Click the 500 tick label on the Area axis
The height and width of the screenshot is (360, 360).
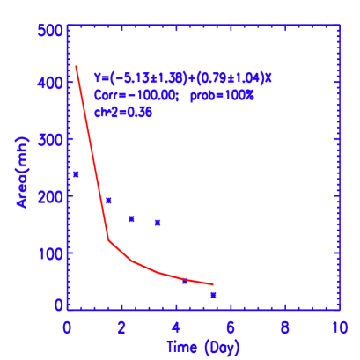(x=50, y=29)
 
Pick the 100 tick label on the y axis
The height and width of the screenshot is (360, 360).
(x=50, y=253)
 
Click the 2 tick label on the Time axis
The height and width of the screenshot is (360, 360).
(x=121, y=327)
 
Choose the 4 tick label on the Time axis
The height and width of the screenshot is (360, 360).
(x=176, y=327)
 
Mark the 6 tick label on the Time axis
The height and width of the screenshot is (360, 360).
(x=231, y=327)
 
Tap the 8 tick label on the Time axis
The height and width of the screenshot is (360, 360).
(x=285, y=327)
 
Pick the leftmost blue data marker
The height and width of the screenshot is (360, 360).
(x=76, y=174)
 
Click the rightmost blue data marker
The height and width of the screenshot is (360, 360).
(x=213, y=295)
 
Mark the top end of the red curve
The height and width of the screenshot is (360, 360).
(x=76, y=66)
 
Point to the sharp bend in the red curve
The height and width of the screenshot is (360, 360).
(x=109, y=239)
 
